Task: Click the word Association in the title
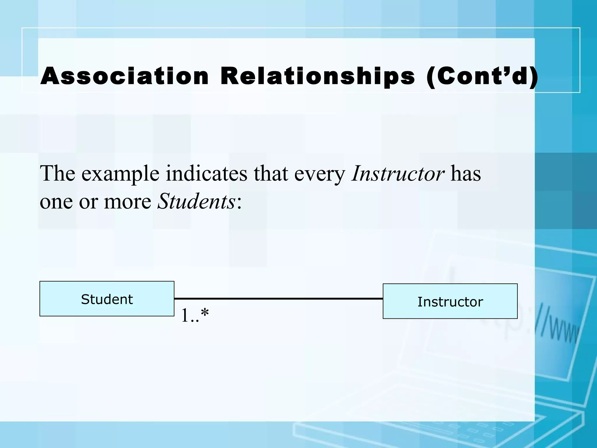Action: point(124,76)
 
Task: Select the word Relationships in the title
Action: point(317,76)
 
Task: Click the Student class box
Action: point(107,299)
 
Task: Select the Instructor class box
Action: point(450,301)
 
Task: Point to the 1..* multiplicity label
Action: point(195,315)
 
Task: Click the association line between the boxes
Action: point(278,299)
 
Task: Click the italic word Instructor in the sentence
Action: point(398,174)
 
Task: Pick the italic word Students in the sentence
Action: point(196,202)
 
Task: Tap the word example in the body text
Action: point(120,174)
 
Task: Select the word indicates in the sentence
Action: point(206,174)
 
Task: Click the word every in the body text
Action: point(319,174)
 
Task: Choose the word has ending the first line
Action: point(466,174)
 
